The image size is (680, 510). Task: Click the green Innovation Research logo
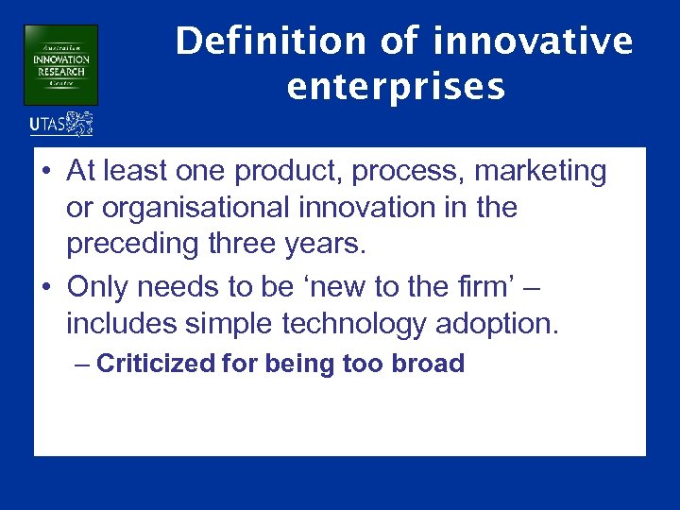(x=60, y=64)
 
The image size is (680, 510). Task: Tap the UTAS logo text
(x=47, y=124)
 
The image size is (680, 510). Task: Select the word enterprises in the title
(x=396, y=86)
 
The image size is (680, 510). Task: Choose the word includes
(x=126, y=324)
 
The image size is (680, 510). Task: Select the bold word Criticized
(x=155, y=364)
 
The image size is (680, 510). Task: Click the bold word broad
(x=429, y=364)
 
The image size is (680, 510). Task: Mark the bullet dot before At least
(x=46, y=173)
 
